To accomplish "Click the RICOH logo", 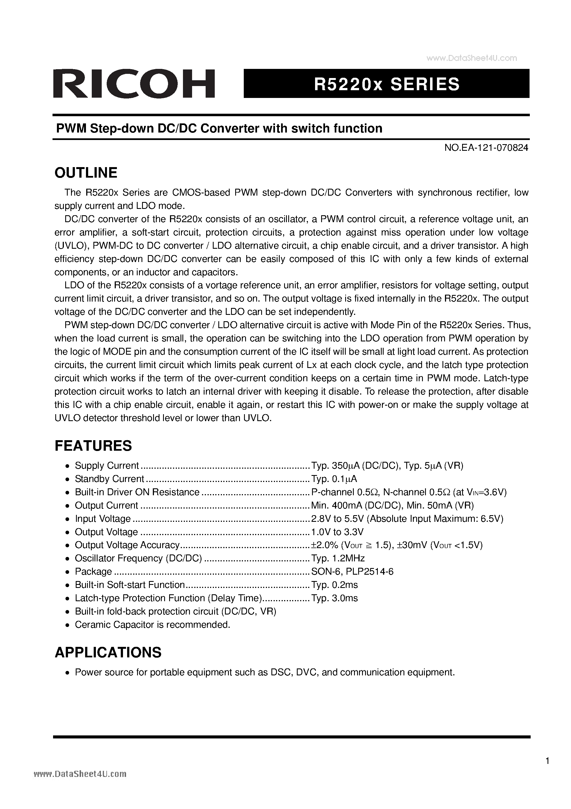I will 134,84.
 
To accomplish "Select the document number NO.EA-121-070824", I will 486,148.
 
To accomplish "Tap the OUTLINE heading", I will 86,173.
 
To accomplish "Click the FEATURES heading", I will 93,446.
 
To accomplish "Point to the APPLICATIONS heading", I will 108,652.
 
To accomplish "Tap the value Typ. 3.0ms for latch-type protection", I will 334,598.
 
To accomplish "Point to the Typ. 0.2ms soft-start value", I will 334,585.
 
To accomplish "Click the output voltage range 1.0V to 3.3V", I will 337,532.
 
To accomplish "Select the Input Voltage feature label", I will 103,519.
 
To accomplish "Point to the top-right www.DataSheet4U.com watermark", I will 472,58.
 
